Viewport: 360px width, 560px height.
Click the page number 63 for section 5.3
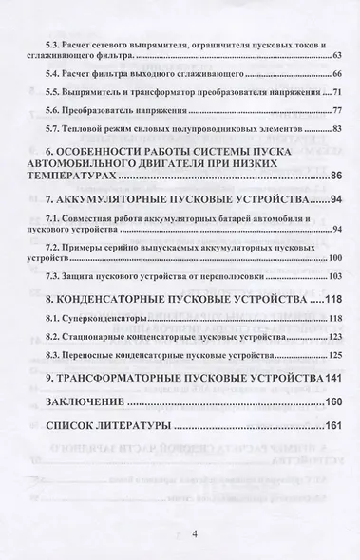[x=337, y=58]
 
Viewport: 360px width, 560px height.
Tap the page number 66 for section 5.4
[x=337, y=72]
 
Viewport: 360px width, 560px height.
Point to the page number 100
[x=335, y=258]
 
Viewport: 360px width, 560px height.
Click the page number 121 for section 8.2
[x=335, y=337]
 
